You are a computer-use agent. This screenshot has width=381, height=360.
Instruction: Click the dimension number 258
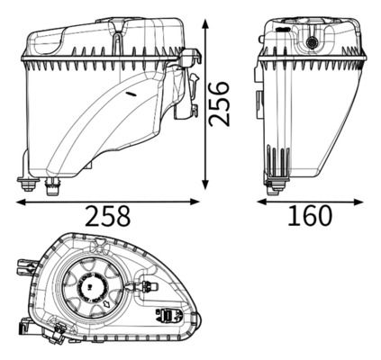coord(108,216)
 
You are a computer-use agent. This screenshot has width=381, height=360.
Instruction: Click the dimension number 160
coord(312,216)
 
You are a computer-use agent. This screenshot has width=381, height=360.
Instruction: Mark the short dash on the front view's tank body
coord(132,92)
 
